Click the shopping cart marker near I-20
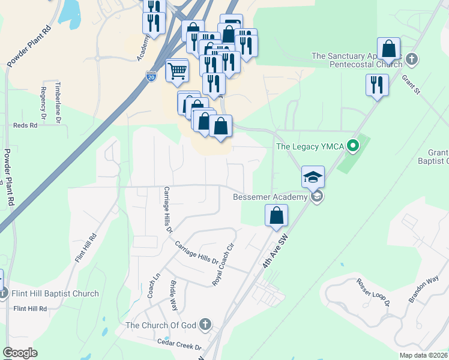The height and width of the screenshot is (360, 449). click(x=178, y=71)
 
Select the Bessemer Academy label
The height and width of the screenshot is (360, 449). click(x=270, y=196)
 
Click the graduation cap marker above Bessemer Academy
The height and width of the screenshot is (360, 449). click(x=313, y=177)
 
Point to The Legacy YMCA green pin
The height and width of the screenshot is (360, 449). click(x=354, y=145)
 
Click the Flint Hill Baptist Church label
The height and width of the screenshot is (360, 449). click(x=55, y=293)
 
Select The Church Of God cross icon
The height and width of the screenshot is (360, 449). click(x=205, y=325)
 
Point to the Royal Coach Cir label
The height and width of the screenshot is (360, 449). click(x=223, y=264)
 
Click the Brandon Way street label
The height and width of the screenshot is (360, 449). click(x=425, y=291)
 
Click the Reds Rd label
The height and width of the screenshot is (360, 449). click(x=25, y=125)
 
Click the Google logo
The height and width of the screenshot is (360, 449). click(x=20, y=353)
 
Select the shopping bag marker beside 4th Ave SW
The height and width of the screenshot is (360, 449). click(x=276, y=215)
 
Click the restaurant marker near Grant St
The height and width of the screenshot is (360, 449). click(x=377, y=85)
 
